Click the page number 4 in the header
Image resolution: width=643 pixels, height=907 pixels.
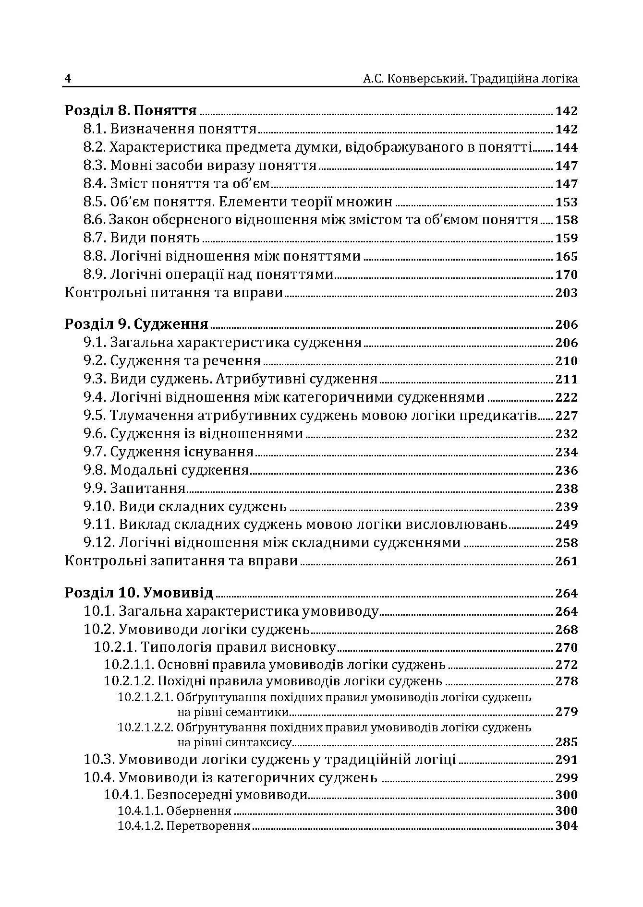tap(68, 79)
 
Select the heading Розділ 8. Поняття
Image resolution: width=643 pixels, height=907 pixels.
tap(131, 111)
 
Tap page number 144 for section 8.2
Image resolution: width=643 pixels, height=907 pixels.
tap(566, 147)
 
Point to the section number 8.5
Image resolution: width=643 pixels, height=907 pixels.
tap(95, 202)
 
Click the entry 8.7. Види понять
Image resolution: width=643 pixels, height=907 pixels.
tap(141, 238)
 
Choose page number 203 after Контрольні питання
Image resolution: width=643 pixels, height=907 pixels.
tap(566, 293)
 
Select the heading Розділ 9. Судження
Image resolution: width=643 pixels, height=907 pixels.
tap(136, 324)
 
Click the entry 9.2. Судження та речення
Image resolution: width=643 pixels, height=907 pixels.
tap(172, 361)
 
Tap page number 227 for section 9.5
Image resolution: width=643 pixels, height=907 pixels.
tap(566, 416)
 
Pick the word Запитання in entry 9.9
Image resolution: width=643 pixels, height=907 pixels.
tap(148, 489)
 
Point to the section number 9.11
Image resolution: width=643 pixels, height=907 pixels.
tap(99, 525)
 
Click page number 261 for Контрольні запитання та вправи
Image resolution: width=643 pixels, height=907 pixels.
tap(566, 561)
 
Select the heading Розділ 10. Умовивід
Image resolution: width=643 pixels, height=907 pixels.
tap(138, 593)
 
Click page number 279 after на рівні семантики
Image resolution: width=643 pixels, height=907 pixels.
tap(566, 712)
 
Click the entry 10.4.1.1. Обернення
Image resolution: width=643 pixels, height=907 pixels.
tap(175, 811)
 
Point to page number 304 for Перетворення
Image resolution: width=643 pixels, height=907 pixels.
tap(566, 826)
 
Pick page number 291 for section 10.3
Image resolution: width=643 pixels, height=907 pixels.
tap(566, 760)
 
